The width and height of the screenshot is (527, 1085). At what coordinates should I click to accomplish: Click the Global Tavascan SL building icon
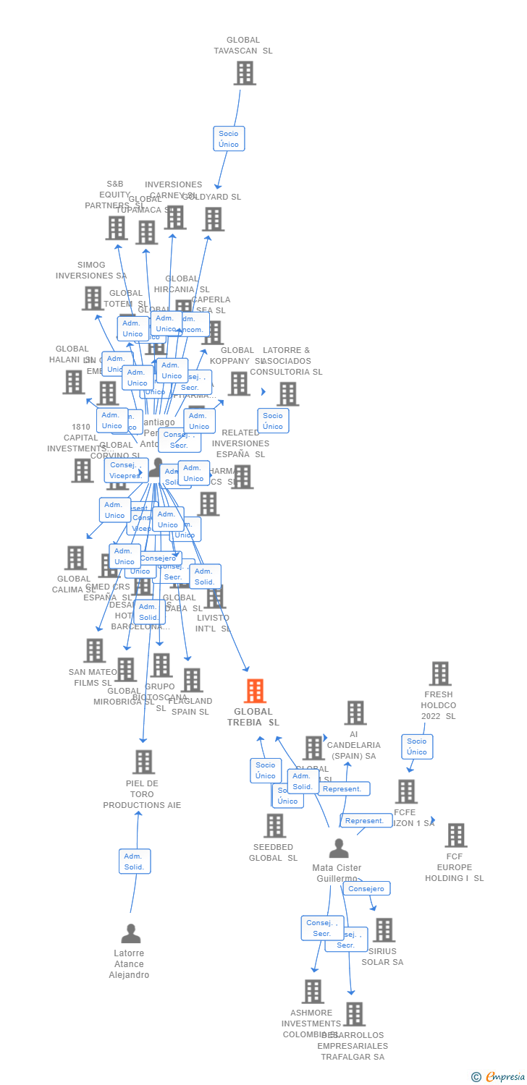click(x=245, y=73)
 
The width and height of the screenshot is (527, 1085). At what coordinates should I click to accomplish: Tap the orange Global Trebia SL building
click(x=254, y=692)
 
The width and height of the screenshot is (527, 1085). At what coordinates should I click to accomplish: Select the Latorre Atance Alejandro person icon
click(x=131, y=934)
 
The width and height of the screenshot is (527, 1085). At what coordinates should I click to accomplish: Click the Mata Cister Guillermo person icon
click(x=339, y=848)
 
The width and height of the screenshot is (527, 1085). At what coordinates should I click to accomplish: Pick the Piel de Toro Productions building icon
click(x=143, y=762)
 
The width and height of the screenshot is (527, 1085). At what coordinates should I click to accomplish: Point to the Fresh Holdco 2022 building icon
click(x=439, y=673)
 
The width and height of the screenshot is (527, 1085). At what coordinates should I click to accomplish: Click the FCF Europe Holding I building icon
click(x=455, y=835)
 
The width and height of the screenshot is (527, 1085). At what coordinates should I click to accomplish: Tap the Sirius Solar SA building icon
click(x=384, y=930)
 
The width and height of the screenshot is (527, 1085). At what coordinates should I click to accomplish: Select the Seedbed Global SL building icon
click(x=274, y=825)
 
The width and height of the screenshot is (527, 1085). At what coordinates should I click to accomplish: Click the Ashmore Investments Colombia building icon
click(x=313, y=992)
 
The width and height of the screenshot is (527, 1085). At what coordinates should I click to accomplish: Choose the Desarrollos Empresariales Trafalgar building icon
click(x=354, y=1014)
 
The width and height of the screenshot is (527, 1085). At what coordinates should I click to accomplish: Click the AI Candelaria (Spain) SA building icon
click(x=355, y=712)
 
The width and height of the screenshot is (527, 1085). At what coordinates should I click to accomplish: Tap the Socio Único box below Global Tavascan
click(x=229, y=139)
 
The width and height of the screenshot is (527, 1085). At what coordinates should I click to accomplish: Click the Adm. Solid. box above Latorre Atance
click(x=135, y=861)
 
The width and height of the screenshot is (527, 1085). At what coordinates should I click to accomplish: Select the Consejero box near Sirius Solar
click(x=366, y=888)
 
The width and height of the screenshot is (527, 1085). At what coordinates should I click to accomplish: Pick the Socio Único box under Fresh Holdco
click(x=417, y=746)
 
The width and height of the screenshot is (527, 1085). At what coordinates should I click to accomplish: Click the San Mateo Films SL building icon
click(x=94, y=650)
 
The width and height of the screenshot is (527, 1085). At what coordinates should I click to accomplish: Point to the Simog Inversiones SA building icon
click(x=93, y=298)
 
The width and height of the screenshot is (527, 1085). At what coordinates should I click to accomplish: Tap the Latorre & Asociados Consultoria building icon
click(x=288, y=394)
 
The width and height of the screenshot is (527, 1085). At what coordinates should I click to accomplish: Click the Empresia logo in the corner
click(x=499, y=1077)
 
